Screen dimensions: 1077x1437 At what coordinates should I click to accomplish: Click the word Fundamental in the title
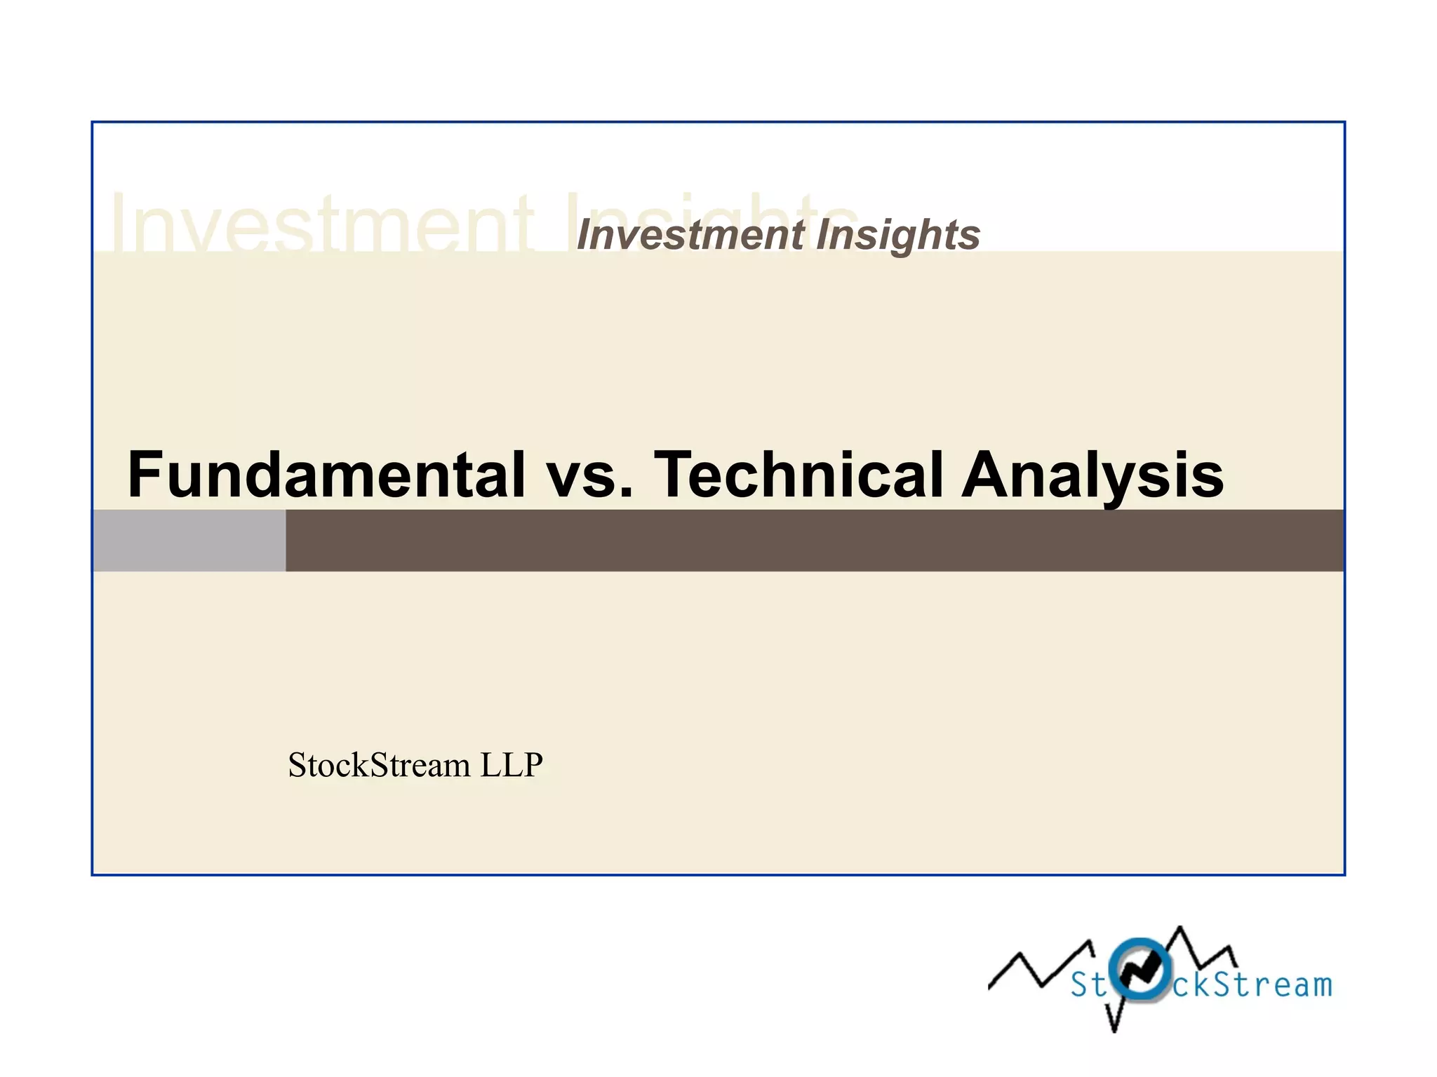[326, 475]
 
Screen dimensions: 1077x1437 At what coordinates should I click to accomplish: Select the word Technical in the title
[798, 475]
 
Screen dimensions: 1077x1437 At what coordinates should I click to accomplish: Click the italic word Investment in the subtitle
[690, 234]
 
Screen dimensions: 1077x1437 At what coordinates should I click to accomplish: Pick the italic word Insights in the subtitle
[898, 236]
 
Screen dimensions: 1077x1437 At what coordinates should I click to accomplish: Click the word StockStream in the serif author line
[379, 765]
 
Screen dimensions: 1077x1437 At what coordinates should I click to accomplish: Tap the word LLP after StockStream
[512, 765]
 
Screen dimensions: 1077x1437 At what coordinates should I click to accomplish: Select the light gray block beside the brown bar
[189, 540]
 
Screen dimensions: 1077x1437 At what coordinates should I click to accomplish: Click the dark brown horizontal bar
[814, 540]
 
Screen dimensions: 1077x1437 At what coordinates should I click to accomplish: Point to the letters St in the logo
[1088, 985]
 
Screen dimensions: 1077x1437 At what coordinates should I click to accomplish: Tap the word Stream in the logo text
[1273, 985]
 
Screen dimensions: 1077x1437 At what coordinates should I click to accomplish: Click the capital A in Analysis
[987, 475]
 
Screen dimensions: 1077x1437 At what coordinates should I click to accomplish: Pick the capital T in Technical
[675, 475]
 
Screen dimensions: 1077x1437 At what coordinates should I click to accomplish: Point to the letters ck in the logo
[1193, 985]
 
